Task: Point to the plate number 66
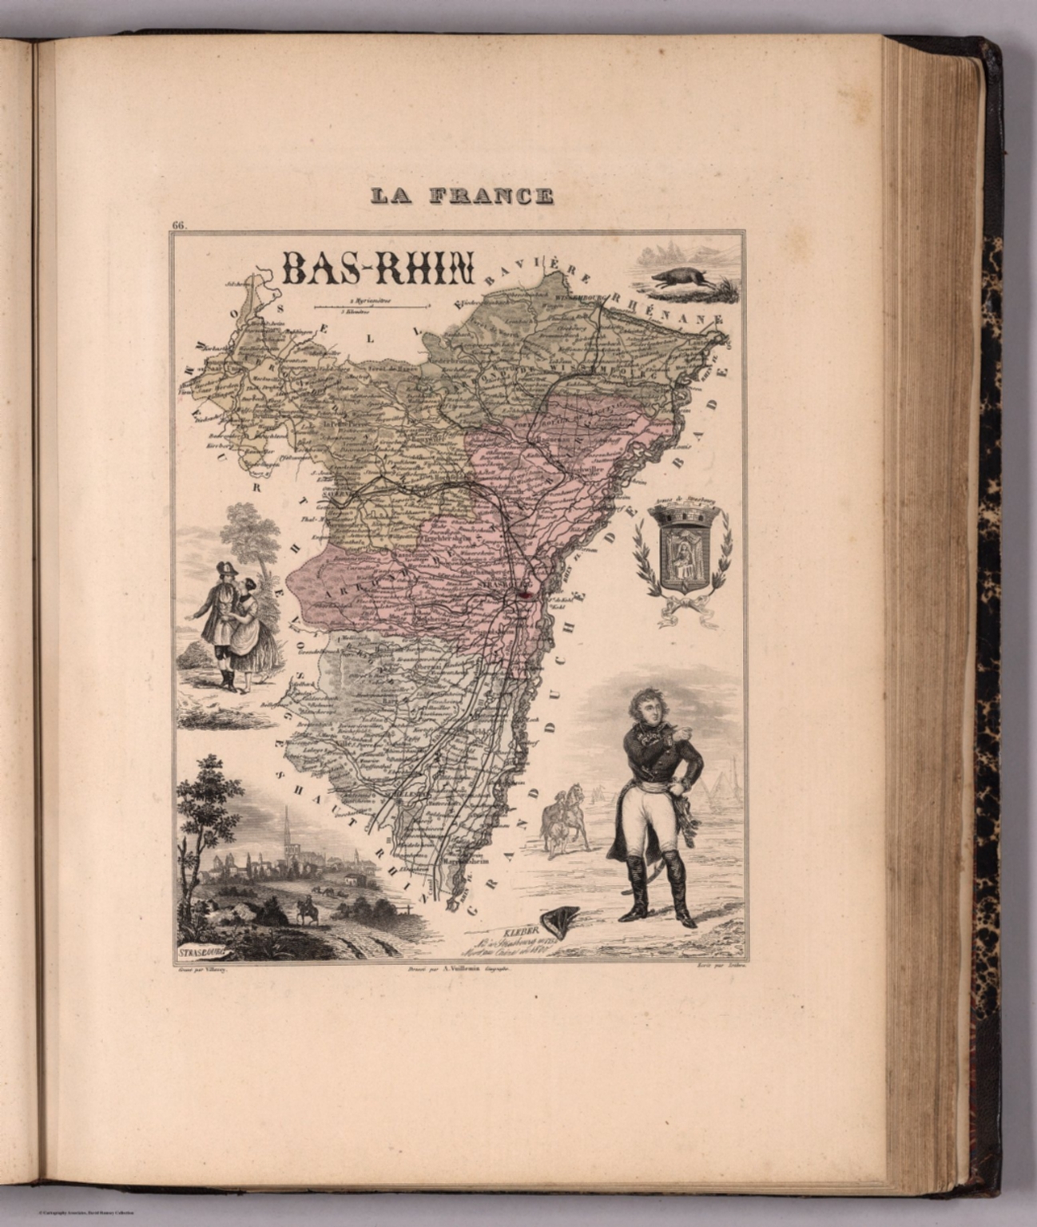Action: coord(178,225)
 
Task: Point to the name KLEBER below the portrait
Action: coord(521,931)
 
